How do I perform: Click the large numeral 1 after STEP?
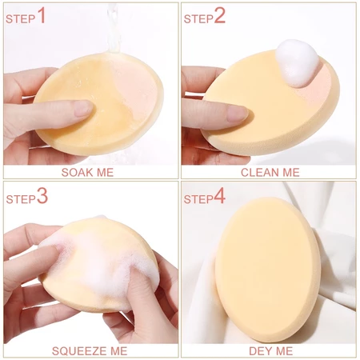[x=42, y=16]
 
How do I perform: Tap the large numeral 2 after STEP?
[x=220, y=16]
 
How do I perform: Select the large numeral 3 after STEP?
[x=42, y=195]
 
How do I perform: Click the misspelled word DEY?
[x=260, y=351]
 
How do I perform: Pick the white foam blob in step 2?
[x=297, y=62]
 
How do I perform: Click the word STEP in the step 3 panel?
[x=21, y=199]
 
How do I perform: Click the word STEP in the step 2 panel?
[x=198, y=19]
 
